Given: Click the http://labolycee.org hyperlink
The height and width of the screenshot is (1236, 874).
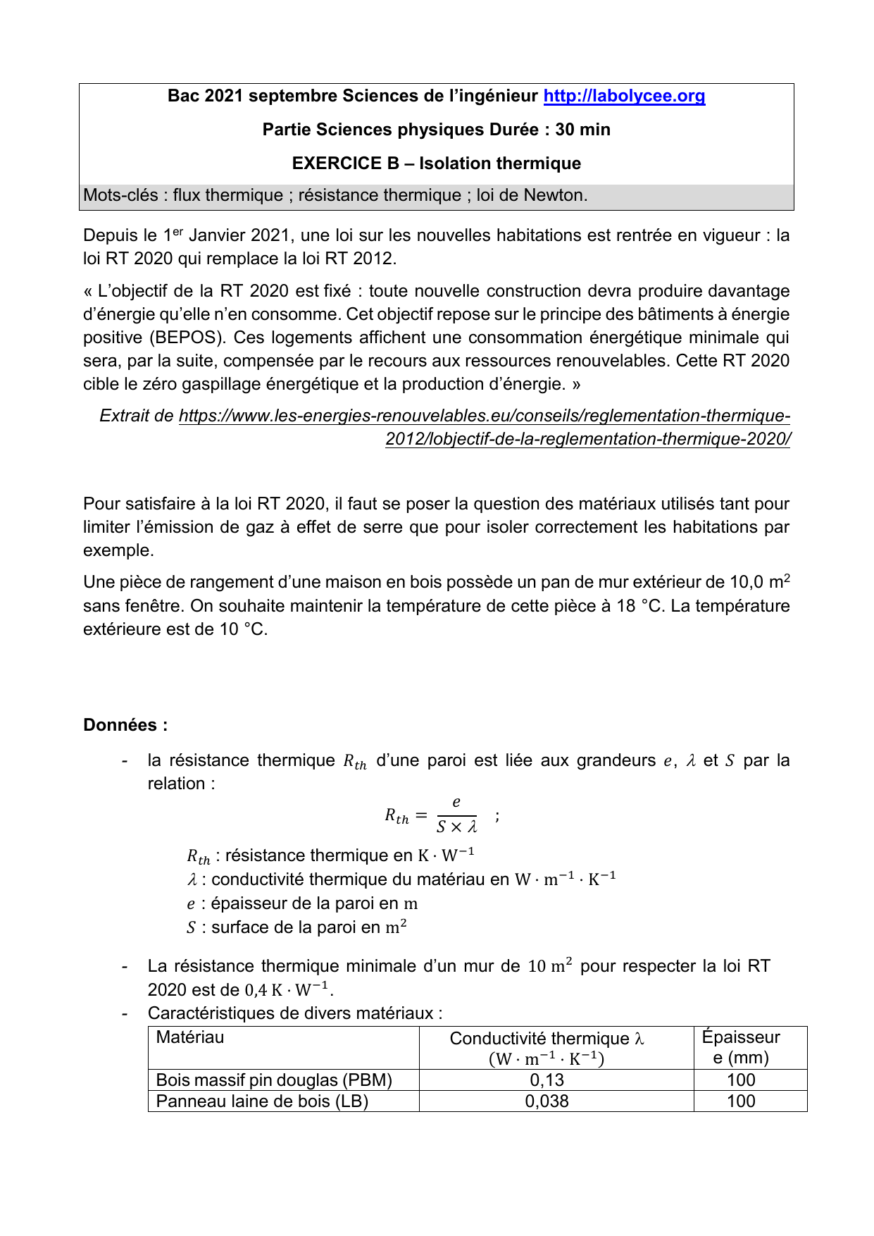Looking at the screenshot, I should pos(624,96).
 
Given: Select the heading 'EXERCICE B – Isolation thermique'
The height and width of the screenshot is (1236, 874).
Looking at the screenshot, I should pos(436,163).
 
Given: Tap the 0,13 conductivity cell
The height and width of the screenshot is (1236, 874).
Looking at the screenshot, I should pos(547,1080).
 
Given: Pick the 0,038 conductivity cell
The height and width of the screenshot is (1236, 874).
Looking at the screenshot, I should pos(547,1101).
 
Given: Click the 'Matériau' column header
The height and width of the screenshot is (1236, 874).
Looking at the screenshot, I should pos(190,1037).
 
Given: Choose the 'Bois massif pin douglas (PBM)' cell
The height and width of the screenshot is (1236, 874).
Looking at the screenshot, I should pos(274,1080).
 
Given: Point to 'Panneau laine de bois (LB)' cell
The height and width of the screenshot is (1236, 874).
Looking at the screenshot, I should pos(262,1101).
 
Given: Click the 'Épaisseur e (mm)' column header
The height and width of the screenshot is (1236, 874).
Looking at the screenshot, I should pos(741,1047).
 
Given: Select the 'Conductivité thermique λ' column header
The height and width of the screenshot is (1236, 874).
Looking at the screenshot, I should pos(547,1039).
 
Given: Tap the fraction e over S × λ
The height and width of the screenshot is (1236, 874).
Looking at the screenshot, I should pos(456,815).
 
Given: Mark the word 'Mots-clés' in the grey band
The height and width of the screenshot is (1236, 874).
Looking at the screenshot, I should pos(120,195).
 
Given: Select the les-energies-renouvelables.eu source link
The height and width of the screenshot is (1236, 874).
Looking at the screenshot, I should pos(485,416).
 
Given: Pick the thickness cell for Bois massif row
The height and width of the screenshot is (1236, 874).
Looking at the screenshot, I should pos(741,1080).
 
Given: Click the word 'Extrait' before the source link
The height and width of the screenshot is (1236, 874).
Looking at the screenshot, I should pos(126,416).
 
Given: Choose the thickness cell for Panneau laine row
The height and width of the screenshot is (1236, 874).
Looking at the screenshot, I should pos(741,1101).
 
